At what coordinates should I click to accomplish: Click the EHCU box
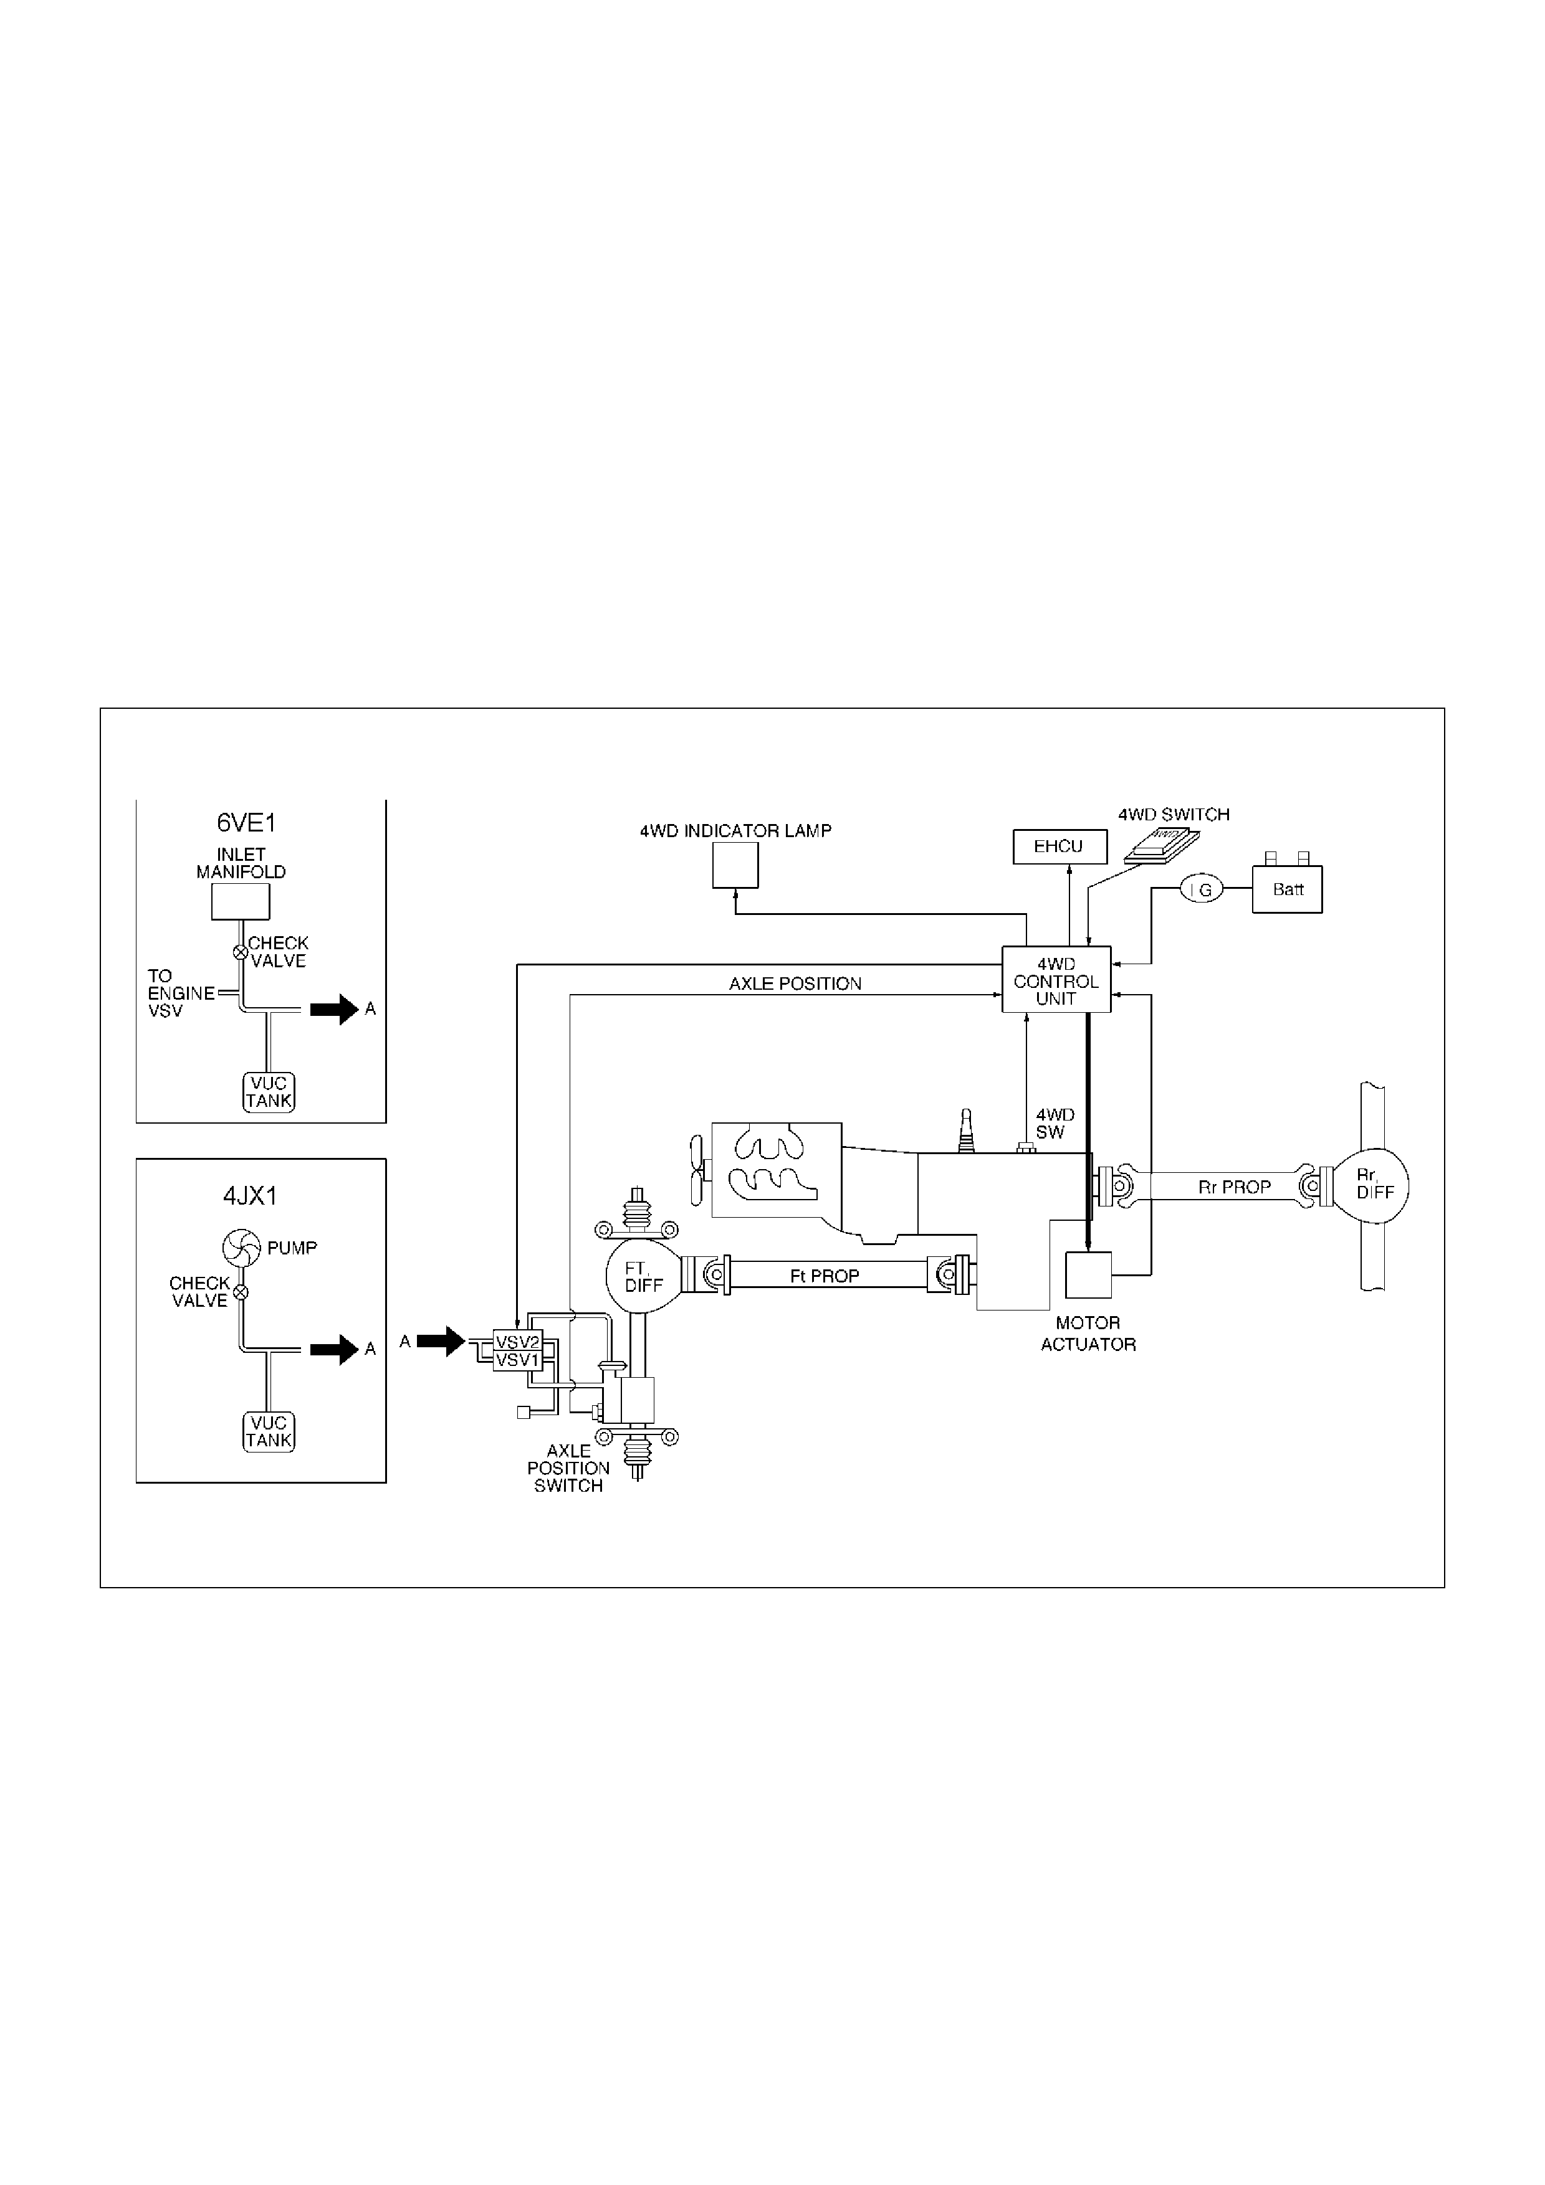1059,847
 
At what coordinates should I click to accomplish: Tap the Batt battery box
1287,890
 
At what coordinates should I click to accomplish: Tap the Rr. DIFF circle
1370,1186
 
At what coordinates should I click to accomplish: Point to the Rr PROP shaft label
1234,1187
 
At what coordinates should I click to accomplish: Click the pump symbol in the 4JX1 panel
241,1248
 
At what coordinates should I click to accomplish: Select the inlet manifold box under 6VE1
241,901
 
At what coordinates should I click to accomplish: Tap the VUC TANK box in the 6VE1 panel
269,1092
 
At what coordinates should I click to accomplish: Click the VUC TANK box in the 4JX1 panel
269,1432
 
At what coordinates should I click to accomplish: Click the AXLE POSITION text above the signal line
795,984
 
